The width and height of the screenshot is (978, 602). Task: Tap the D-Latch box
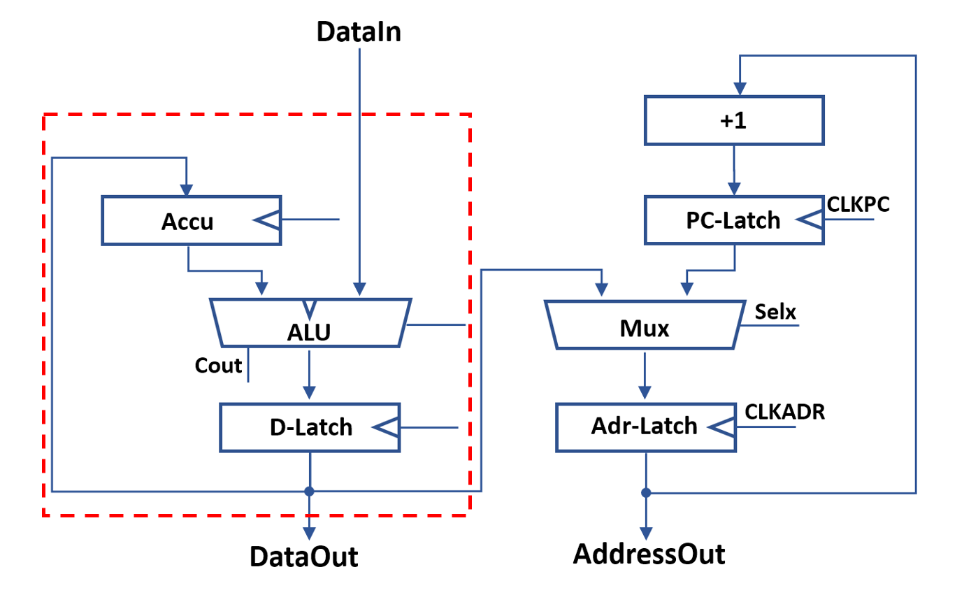coord(310,427)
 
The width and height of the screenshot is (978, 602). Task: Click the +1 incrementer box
coord(734,120)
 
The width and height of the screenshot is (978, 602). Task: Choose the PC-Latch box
coord(734,221)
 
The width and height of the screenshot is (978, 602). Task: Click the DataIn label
coord(359,31)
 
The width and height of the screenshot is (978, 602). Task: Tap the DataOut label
coord(304,557)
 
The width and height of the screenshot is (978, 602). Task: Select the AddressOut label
coord(649,554)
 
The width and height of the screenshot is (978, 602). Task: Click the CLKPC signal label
coord(858,203)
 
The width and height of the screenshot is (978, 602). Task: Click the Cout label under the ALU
coord(219,365)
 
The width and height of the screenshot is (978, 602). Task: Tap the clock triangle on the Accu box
coord(268,221)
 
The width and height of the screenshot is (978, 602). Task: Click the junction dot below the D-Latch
coord(309,492)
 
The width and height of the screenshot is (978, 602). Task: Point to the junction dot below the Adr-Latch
coord(646,493)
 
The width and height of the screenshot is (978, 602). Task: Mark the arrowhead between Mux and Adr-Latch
coord(646,394)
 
